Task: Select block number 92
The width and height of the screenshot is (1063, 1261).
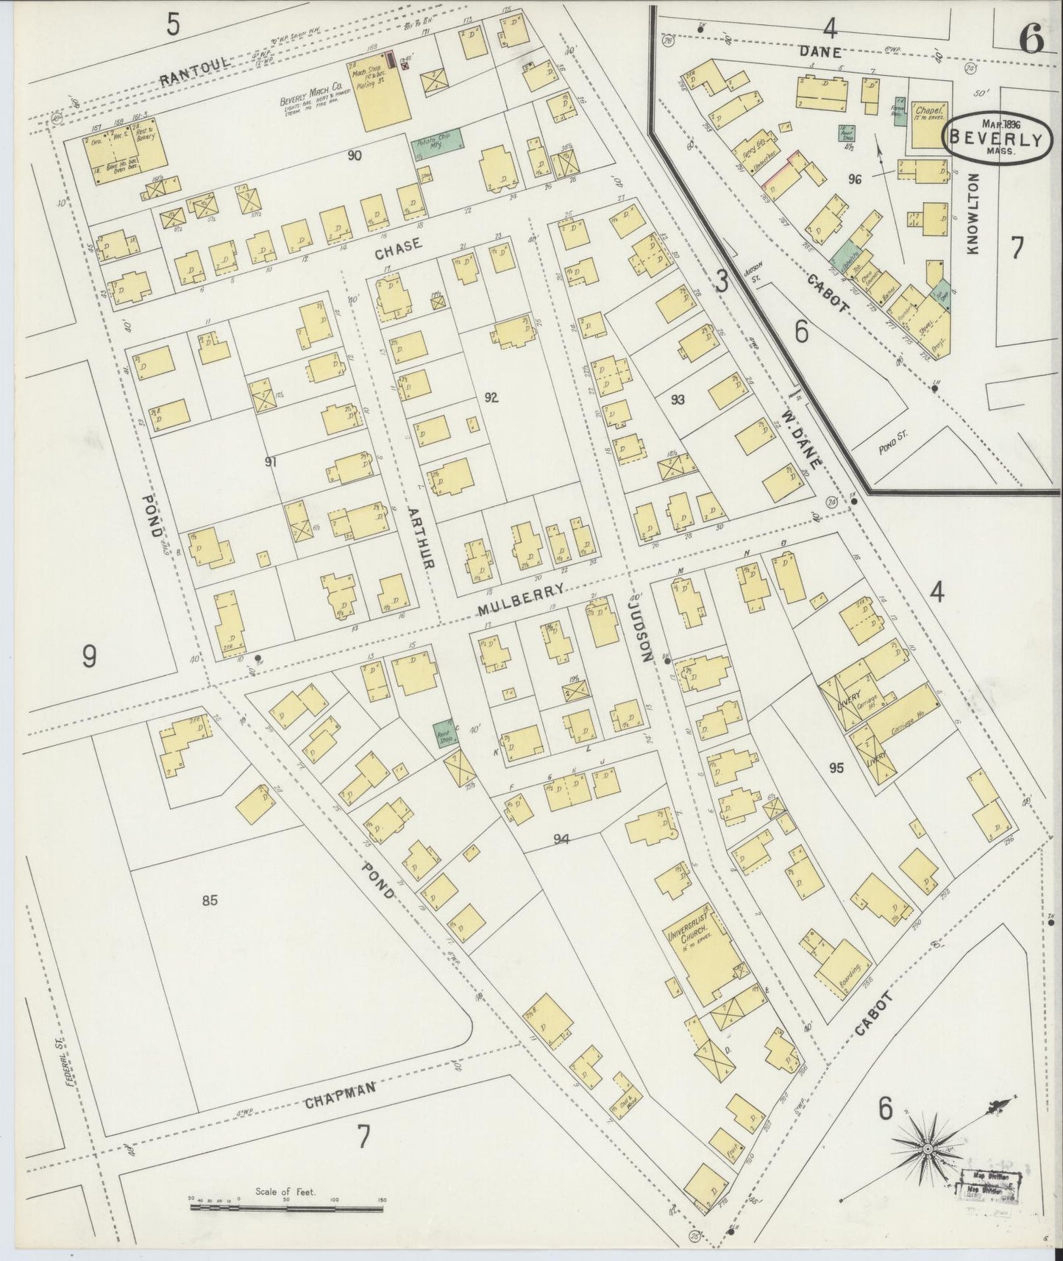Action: coord(491,398)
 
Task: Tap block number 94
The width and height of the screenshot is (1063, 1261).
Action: coord(562,839)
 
